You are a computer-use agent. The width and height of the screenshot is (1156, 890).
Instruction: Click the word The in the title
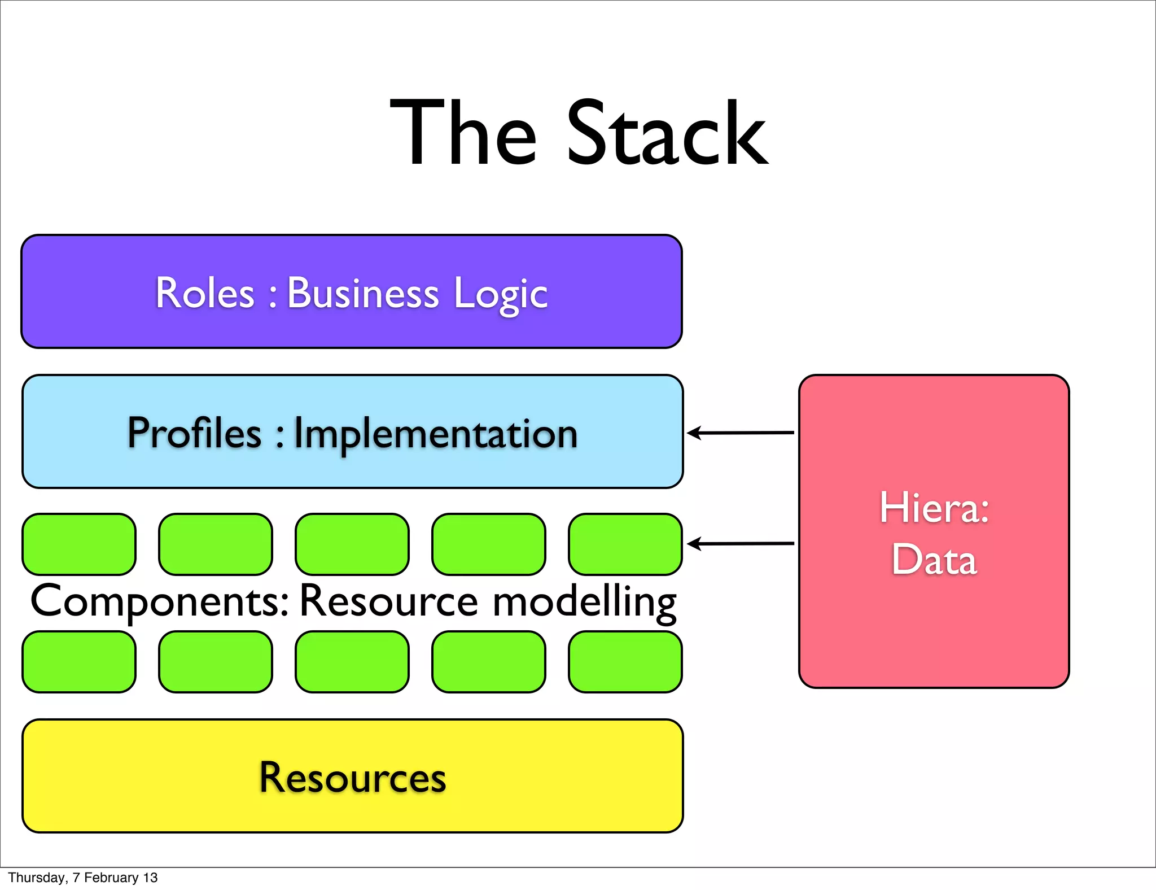[x=463, y=134]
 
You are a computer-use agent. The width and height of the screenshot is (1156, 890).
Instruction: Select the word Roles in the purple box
[x=205, y=293]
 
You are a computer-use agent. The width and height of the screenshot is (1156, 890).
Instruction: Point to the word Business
[x=363, y=293]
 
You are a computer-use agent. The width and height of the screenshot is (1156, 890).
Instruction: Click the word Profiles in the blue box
[x=194, y=433]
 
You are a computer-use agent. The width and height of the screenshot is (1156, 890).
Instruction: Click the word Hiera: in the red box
[x=934, y=508]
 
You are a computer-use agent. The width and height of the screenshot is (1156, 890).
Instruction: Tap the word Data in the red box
[x=934, y=560]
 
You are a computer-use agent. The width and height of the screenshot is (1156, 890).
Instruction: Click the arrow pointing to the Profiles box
[x=740, y=433]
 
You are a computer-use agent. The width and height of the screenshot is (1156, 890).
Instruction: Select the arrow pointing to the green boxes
[x=740, y=543]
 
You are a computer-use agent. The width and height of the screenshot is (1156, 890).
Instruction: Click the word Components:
[x=159, y=602]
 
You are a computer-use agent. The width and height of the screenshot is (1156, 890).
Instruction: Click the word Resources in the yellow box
[x=352, y=778]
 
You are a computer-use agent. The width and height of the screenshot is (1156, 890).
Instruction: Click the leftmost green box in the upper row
[x=79, y=544]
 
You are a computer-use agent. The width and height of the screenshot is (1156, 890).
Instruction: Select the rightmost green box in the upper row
[x=625, y=544]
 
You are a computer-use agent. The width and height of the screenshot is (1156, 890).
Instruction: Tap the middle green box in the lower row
[x=352, y=662]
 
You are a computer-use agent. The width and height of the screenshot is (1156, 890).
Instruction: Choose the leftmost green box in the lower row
[x=79, y=662]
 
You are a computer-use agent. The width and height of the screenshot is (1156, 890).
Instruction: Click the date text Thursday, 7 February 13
[x=82, y=878]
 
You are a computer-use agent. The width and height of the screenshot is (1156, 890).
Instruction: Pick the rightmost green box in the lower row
[x=625, y=662]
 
